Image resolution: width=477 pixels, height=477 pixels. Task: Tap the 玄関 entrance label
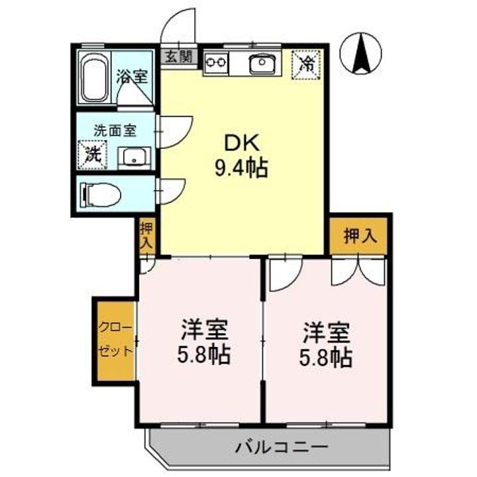[177, 56]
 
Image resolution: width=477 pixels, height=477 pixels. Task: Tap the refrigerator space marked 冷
[307, 64]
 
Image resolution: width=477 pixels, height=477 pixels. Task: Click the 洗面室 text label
[114, 130]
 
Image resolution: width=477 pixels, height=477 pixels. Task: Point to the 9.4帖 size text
[240, 169]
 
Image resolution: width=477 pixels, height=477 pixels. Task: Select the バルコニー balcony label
[282, 447]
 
